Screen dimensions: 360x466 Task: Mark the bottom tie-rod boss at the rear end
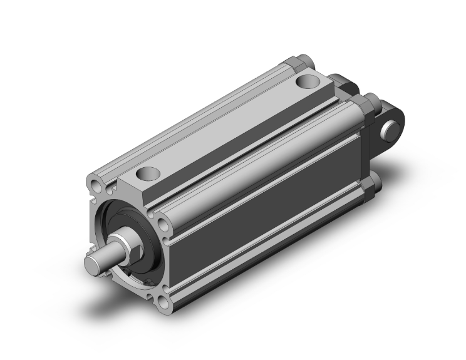[374, 182]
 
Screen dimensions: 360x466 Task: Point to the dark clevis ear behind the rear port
[341, 82]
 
